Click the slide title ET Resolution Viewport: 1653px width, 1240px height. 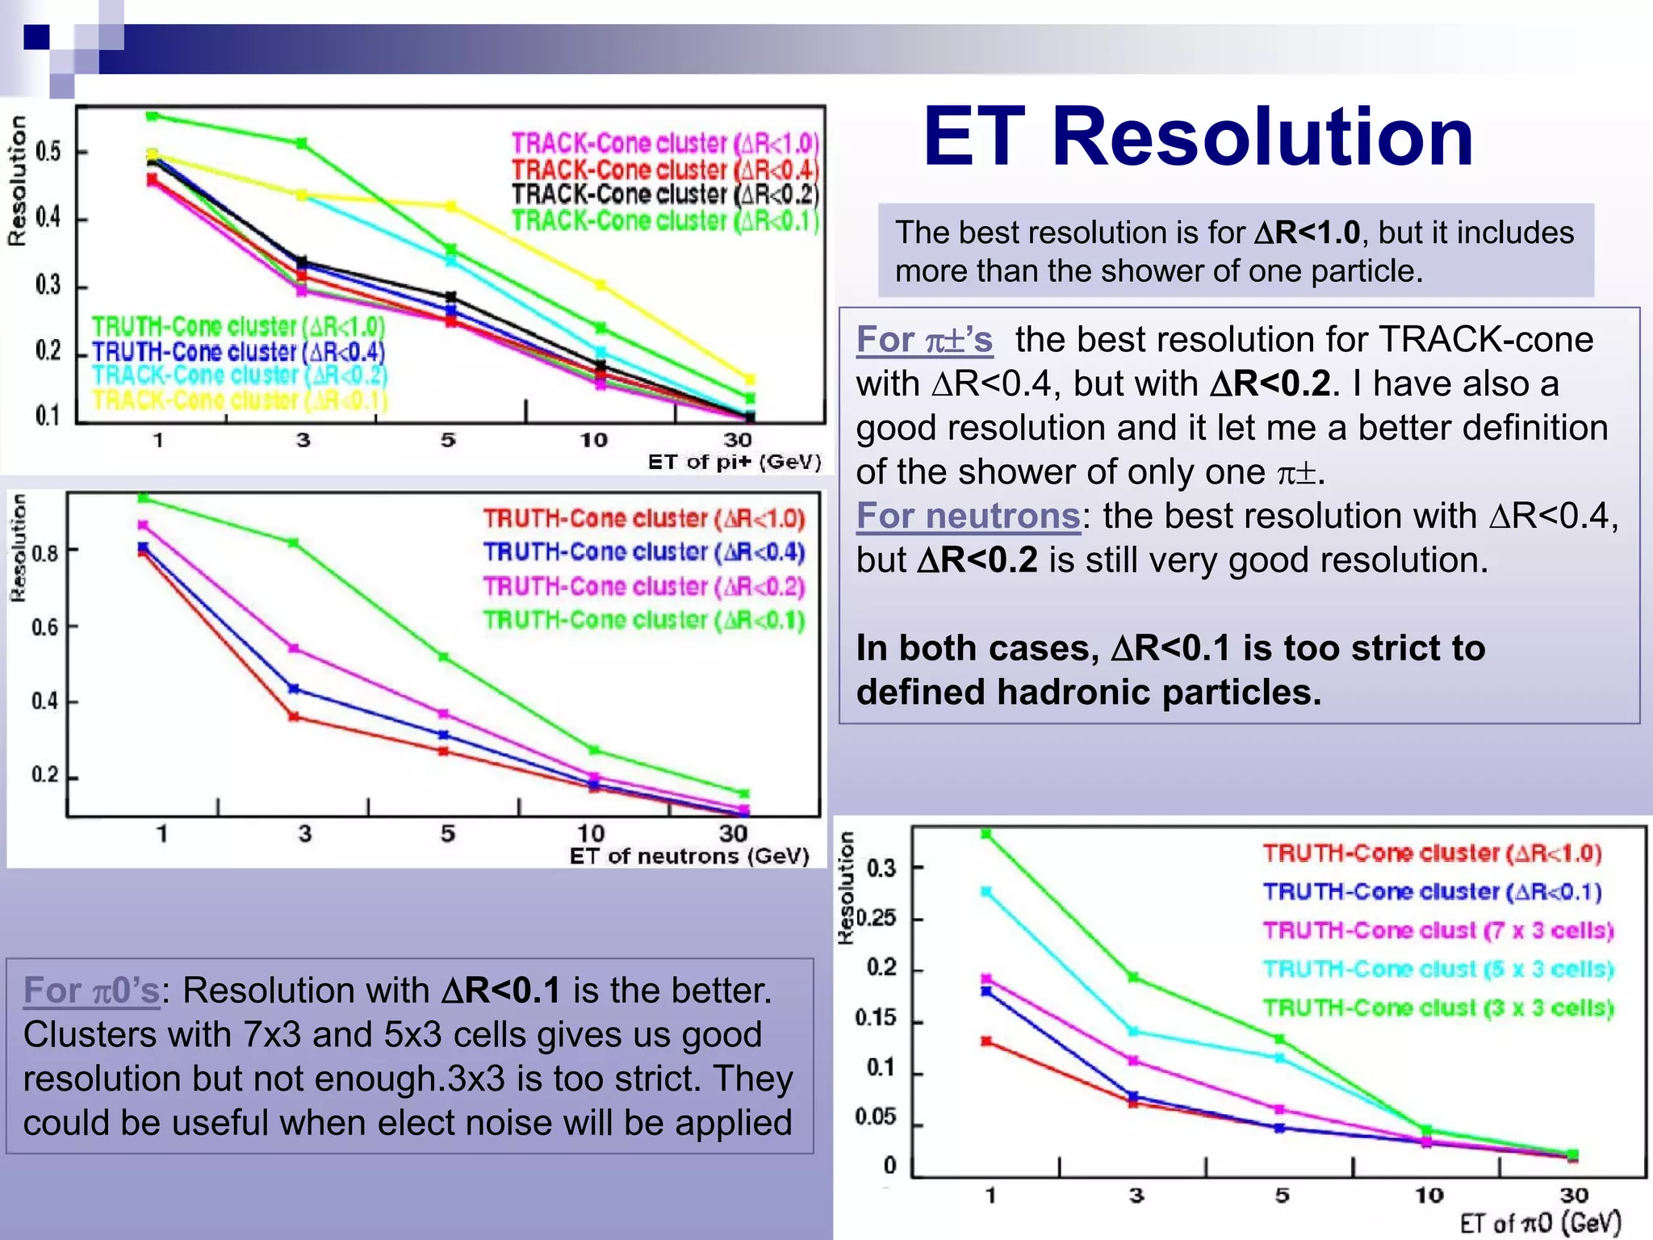(1198, 137)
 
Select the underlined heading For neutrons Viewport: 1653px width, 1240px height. (968, 516)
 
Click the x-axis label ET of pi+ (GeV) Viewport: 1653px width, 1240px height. (734, 462)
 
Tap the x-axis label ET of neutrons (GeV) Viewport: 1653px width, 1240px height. (688, 856)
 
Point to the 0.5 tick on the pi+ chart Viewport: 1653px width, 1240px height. (48, 152)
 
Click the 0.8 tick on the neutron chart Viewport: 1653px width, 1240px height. (45, 554)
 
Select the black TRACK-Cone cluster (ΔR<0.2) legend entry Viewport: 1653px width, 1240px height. (665, 195)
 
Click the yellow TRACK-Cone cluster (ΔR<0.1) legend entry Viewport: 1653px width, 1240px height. (240, 400)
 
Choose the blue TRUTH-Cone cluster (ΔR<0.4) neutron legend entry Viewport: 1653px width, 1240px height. (643, 552)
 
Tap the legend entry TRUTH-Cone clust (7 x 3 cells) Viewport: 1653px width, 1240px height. (1437, 931)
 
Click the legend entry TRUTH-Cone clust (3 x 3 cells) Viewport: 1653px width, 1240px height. (1437, 1008)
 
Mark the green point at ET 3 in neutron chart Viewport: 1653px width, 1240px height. (294, 542)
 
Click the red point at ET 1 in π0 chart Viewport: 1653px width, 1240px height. (986, 1041)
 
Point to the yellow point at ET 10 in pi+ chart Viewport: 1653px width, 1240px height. (601, 284)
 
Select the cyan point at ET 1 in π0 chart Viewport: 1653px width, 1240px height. (986, 892)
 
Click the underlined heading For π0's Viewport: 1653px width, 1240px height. (91, 991)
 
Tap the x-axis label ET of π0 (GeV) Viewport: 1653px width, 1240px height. (1539, 1223)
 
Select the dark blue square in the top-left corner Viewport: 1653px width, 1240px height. (36, 37)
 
